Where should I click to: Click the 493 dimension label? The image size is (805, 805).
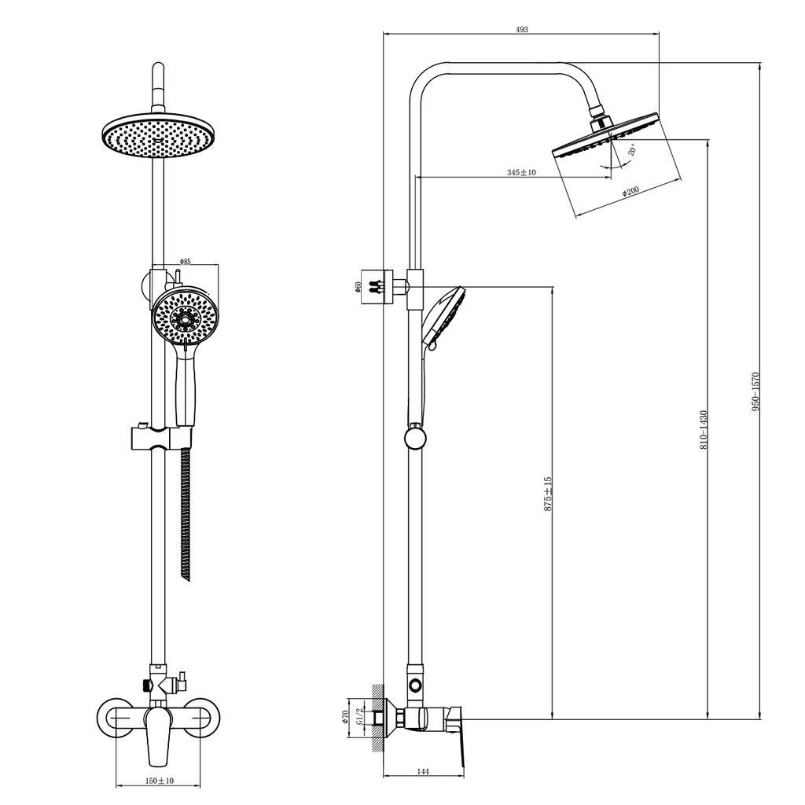point(521,29)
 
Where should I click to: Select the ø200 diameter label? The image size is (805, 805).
point(630,191)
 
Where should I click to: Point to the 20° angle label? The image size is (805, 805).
point(632,150)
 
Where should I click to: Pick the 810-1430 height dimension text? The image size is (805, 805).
point(704,429)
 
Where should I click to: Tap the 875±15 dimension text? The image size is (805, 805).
point(548,494)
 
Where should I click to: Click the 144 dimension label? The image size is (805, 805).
point(423,771)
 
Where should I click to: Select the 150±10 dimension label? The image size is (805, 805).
point(160,781)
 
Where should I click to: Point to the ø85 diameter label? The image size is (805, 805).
point(186,261)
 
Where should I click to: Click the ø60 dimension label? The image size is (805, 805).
point(358,287)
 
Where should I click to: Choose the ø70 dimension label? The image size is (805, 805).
point(345,716)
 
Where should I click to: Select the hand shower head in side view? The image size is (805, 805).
point(444,314)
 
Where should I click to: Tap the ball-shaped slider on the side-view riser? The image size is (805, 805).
point(415,436)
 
